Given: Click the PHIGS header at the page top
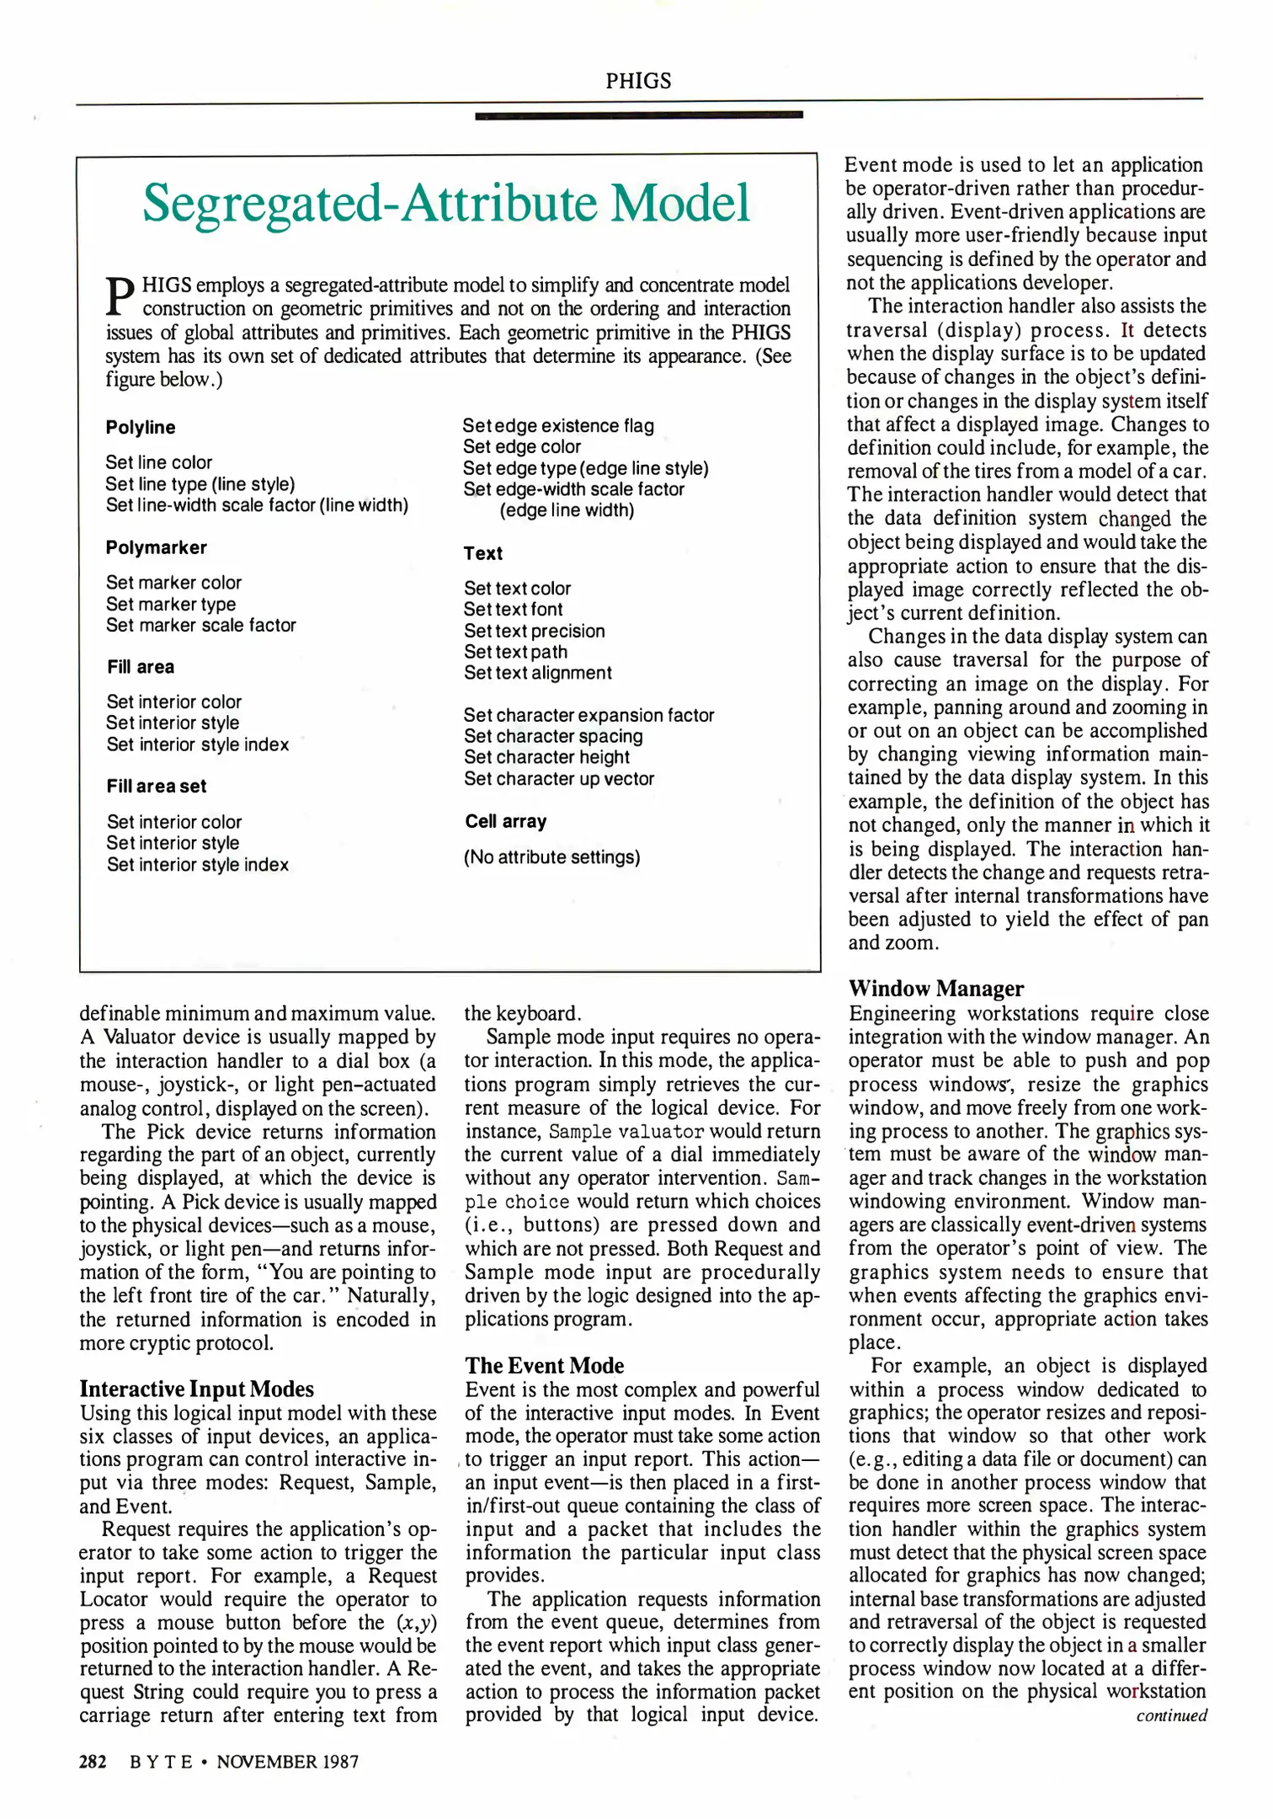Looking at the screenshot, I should click(x=638, y=81).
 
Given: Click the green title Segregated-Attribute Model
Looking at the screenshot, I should click(x=446, y=203).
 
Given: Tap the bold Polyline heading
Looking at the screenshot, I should click(x=141, y=427).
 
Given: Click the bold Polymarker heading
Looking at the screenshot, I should click(x=157, y=547).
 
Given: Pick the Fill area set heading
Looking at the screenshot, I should click(x=157, y=786).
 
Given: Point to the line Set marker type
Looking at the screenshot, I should click(x=171, y=604).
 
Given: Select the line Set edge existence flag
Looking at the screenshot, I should click(x=558, y=425).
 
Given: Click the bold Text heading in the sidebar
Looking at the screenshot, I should click(x=483, y=553).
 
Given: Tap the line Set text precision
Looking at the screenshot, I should click(x=535, y=631).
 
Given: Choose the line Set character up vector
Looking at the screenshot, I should click(x=559, y=778).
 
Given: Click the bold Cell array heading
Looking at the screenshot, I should click(x=506, y=821).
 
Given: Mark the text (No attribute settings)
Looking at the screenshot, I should click(x=552, y=857).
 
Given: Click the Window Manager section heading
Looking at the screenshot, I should click(x=936, y=988).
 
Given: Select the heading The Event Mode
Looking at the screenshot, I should click(x=545, y=1365).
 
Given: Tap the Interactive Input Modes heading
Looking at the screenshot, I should click(x=197, y=1389).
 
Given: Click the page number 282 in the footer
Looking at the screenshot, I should click(x=93, y=1761).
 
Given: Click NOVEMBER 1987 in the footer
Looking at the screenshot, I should click(x=287, y=1761).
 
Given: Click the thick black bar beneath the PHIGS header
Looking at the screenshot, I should click(x=638, y=115).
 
